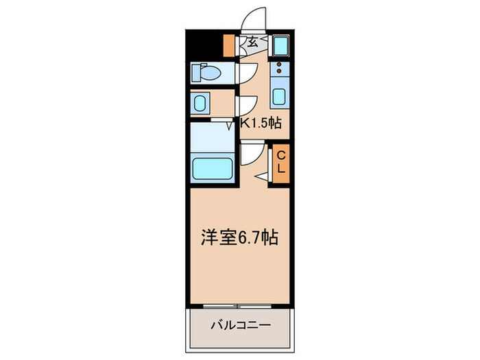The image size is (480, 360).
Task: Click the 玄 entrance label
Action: pos(252,43)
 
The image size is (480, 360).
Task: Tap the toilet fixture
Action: pos(204,72)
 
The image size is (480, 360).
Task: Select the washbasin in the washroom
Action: pos(200,104)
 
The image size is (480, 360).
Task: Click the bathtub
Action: pos(213,167)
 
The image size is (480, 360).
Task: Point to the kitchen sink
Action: pos(280,95)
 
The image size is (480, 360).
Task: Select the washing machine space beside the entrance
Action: pos(280,47)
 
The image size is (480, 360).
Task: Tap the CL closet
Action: pos(281,163)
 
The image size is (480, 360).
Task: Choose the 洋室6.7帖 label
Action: pos(239,238)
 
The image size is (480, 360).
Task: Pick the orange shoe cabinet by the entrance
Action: pos(229,47)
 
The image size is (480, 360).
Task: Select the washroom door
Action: pos(247,105)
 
